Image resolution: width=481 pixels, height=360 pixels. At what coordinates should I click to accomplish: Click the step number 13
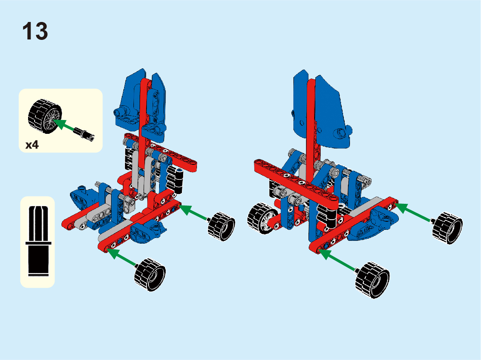pos(35,31)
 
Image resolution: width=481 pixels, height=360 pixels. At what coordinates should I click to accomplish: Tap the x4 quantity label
pos(32,144)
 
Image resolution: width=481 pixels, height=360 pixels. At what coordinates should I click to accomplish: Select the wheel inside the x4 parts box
pos(45,116)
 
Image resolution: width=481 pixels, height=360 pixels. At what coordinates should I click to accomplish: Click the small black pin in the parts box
pos(84,134)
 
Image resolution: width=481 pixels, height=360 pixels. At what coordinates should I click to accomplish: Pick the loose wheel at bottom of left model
pos(150,275)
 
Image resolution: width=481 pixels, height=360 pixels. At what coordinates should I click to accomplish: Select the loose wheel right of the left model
pos(221,226)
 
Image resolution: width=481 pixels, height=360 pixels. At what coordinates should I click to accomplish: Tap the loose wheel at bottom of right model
pos(372,279)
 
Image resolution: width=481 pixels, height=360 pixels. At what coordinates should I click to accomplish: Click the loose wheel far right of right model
pos(447,228)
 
